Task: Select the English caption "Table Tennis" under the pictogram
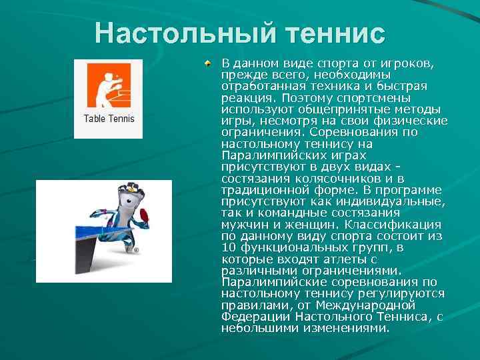(109, 119)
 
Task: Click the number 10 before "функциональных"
(229, 247)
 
